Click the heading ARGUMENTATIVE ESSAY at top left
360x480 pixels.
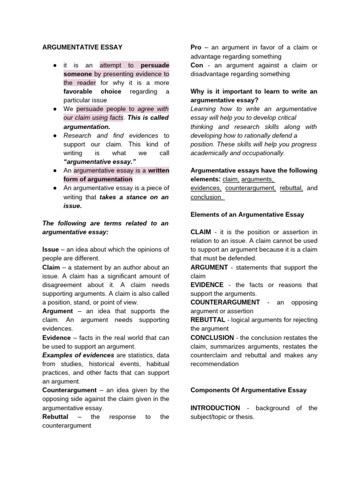coord(82,47)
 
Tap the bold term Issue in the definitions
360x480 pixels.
coord(51,249)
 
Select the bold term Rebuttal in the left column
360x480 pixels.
coord(55,417)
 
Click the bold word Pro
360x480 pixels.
coord(196,47)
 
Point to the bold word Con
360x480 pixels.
coord(197,65)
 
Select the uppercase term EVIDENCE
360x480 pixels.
coord(207,285)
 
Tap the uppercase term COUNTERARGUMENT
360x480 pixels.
coord(225,302)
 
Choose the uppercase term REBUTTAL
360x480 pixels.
coord(208,320)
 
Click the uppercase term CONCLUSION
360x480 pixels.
coord(212,337)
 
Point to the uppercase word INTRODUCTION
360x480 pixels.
coord(215,408)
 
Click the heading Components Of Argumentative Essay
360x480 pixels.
coord(248,390)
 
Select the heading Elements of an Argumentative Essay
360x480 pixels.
coord(247,215)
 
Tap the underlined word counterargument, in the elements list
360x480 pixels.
coord(250,188)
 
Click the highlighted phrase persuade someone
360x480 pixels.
coord(117,70)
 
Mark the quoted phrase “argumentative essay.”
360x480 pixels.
coord(96,162)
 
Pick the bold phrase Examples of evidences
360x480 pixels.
coord(78,355)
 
